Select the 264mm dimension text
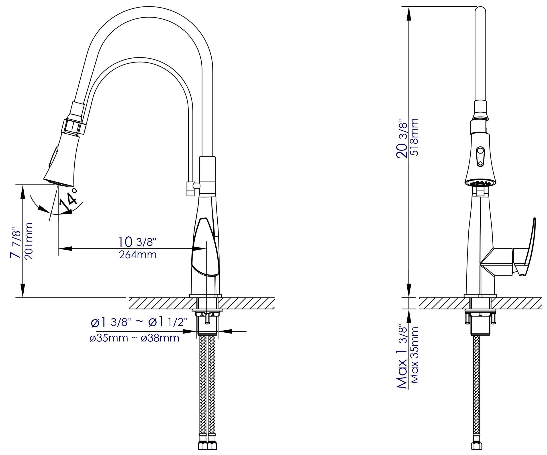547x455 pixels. pos(138,255)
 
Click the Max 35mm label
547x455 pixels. pos(414,355)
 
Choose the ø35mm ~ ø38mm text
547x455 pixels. pos(134,338)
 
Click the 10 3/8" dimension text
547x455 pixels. pos(137,242)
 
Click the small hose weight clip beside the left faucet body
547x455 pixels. pos(190,189)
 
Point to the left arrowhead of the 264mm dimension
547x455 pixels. pos(65,249)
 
